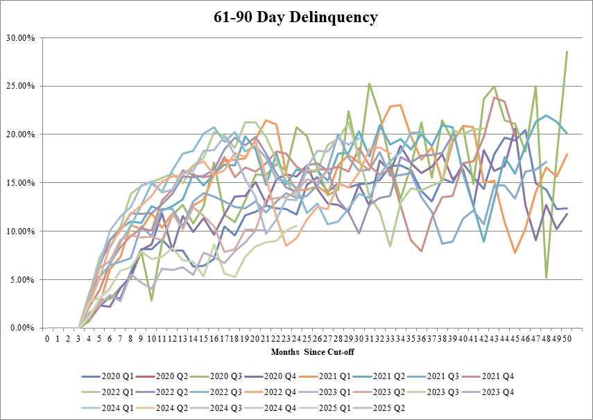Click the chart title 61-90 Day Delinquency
[296, 17]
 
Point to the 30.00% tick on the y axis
[22, 37]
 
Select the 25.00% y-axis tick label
[22, 86]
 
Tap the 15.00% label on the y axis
[22, 183]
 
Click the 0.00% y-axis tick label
[23, 328]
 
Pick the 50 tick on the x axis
[567, 339]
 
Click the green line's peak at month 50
[567, 51]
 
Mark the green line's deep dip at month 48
[547, 277]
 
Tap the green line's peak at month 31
[369, 83]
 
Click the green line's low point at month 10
[151, 299]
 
